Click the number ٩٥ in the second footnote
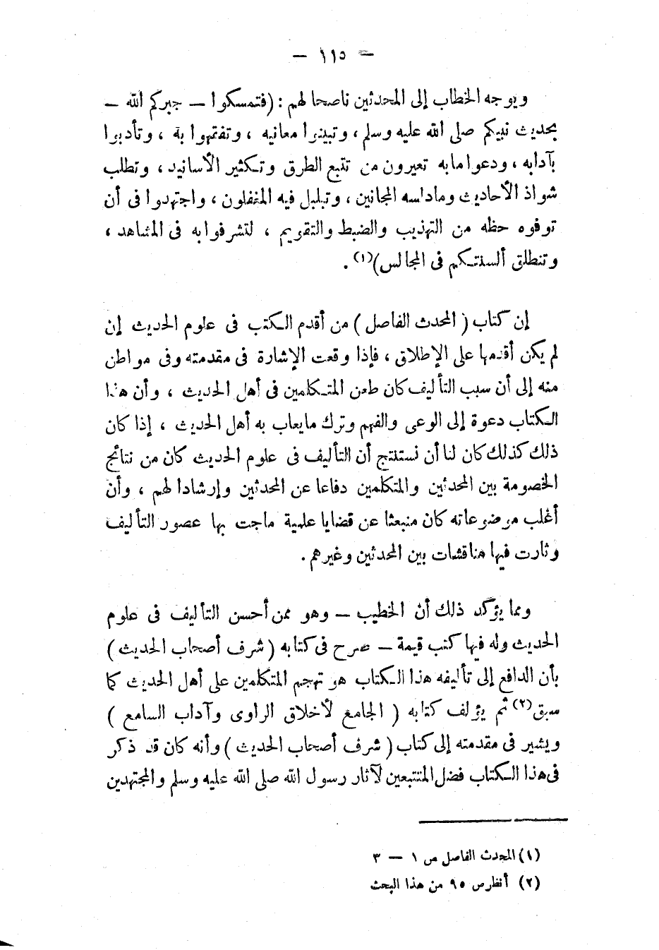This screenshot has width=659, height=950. (443, 883)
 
